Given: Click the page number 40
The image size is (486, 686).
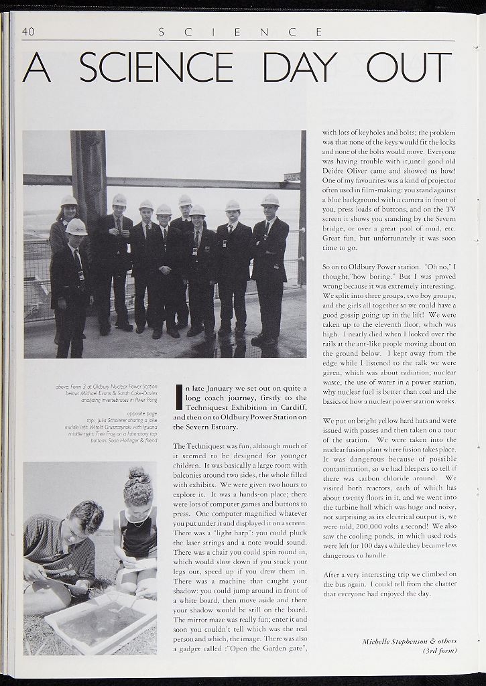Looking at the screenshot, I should click(x=28, y=31).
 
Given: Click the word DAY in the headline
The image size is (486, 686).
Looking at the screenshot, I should click(x=299, y=67).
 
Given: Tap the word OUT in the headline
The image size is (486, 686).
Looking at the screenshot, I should click(x=408, y=67).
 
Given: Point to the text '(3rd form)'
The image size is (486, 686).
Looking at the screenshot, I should click(x=440, y=650).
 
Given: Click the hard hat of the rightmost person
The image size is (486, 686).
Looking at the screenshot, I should click(x=270, y=200).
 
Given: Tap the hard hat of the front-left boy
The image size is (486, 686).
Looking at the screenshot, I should click(x=76, y=226).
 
